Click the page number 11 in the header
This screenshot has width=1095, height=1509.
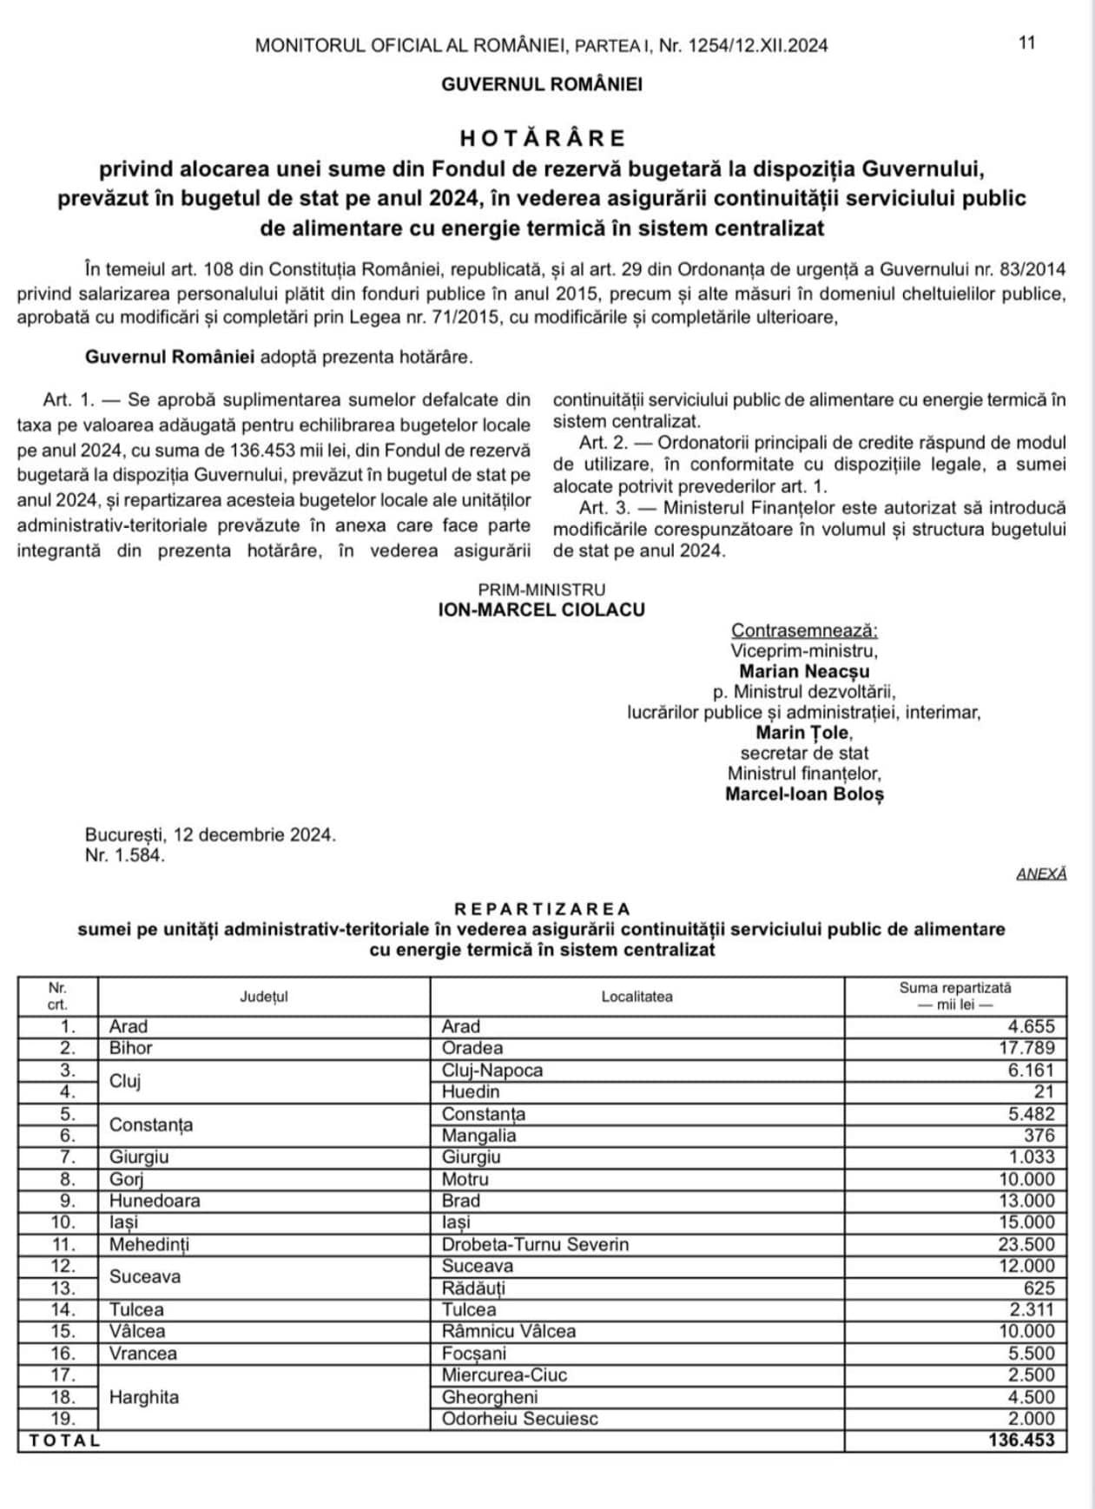[x=1027, y=43]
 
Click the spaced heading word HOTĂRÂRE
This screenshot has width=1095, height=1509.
[x=543, y=138]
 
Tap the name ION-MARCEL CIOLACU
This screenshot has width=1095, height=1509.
[x=542, y=610]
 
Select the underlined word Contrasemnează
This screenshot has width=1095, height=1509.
[x=804, y=630]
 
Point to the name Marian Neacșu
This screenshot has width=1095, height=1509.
[x=804, y=671]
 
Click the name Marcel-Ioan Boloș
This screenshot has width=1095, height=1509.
[x=804, y=794]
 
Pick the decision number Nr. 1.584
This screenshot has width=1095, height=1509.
[x=125, y=855]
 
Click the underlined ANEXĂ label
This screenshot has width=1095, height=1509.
[x=1041, y=874]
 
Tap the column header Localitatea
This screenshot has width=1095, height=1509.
[x=637, y=997]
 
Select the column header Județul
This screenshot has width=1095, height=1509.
[x=264, y=997]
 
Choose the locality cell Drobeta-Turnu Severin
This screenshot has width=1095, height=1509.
[x=535, y=1244]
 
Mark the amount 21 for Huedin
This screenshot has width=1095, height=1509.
[x=1044, y=1091]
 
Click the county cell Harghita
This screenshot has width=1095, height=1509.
[x=144, y=1397]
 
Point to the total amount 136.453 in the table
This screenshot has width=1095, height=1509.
[x=1021, y=1440]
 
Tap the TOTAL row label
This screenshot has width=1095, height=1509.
[x=65, y=1440]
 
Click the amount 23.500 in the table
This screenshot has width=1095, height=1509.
[x=1026, y=1244]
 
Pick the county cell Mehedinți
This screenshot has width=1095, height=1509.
[x=149, y=1244]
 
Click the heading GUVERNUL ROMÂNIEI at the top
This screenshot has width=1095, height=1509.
[x=542, y=85]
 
